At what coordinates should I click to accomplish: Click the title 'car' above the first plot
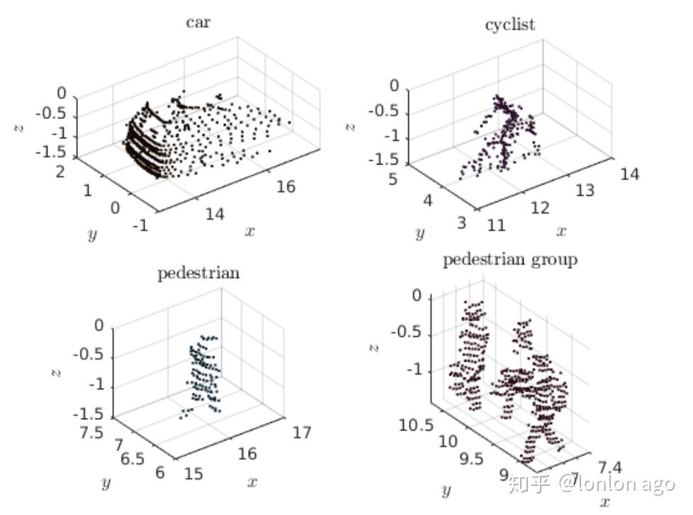click(198, 22)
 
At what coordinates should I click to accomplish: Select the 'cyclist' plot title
click(510, 24)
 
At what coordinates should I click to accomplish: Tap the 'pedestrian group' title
click(510, 260)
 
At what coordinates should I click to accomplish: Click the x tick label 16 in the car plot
click(286, 187)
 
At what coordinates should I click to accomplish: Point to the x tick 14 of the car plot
click(215, 214)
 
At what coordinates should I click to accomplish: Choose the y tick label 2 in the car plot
click(60, 172)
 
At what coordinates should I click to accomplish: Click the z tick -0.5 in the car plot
click(50, 113)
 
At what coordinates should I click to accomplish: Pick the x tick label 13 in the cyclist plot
click(585, 190)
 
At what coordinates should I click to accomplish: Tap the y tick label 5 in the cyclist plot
click(393, 179)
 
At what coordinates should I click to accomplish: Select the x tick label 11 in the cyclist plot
click(496, 225)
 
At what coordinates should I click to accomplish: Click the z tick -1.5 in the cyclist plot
click(383, 159)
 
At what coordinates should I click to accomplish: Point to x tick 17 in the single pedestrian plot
click(302, 432)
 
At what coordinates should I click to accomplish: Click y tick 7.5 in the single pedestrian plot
click(92, 432)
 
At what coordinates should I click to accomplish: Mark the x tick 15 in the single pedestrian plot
click(193, 473)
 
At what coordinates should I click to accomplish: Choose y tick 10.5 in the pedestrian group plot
click(417, 425)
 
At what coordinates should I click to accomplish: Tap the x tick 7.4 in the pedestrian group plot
click(610, 467)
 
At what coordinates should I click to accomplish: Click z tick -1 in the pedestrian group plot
click(415, 369)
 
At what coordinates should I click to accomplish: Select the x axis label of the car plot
click(249, 231)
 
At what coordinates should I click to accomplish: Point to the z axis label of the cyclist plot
click(350, 127)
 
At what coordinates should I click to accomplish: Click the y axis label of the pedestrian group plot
click(446, 490)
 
